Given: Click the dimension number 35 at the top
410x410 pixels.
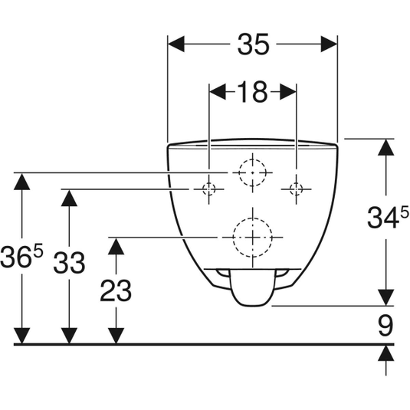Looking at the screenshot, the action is [253, 44].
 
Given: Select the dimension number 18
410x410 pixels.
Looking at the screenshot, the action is [253, 92].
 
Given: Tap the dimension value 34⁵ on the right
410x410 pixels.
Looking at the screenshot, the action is [388, 217].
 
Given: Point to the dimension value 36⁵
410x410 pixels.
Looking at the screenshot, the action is [21, 257].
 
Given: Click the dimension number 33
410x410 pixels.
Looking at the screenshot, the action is [69, 262].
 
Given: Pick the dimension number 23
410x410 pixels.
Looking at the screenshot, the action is [116, 290].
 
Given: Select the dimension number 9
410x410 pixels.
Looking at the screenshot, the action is [385, 326].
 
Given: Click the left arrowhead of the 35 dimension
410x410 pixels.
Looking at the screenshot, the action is [176, 44].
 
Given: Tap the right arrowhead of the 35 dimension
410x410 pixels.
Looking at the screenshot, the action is [329, 44].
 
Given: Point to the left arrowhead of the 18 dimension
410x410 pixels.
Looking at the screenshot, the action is [218, 92].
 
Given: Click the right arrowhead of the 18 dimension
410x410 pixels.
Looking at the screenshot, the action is [288, 92].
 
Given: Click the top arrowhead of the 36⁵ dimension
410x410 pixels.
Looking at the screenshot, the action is [21, 182].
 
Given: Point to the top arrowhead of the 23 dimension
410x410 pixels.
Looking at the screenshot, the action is [116, 246].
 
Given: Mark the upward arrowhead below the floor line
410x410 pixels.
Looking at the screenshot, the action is [386, 353].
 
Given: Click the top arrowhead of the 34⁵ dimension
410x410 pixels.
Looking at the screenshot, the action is [386, 147].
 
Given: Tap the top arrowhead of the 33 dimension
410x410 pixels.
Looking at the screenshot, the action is [69, 198].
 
